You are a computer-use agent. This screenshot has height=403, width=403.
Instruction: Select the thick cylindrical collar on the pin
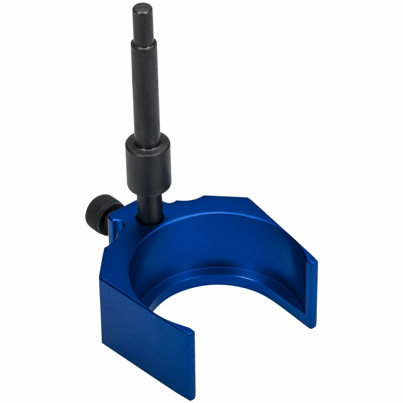pos(148,161)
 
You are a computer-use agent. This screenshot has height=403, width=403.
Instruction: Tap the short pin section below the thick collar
pos(150,204)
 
